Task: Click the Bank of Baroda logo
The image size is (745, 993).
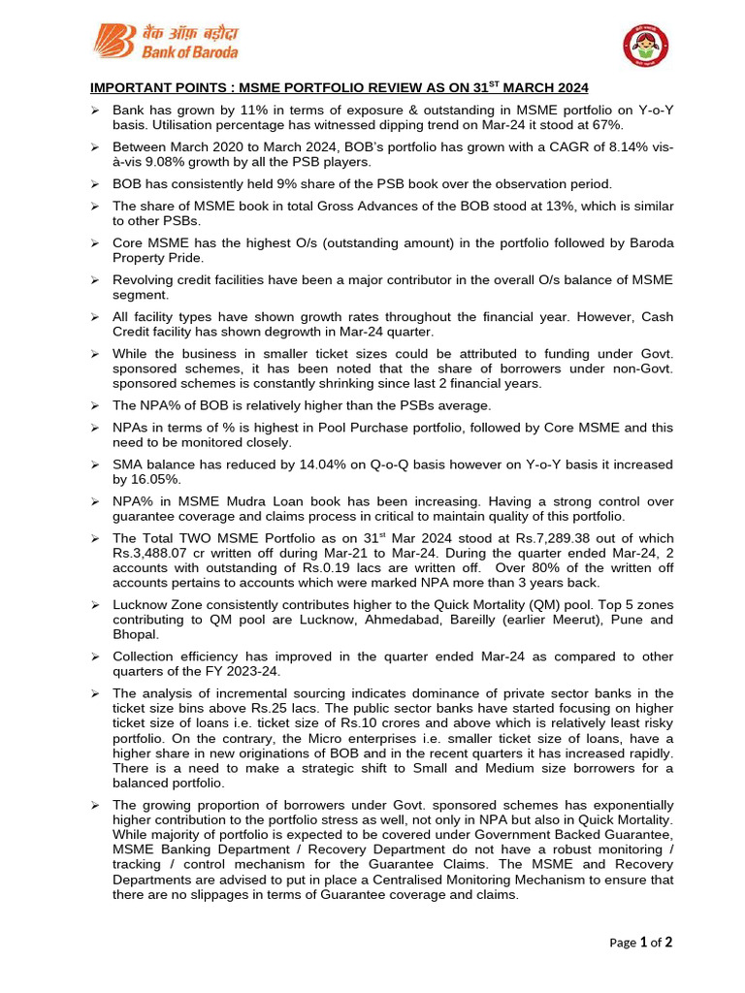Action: (165, 41)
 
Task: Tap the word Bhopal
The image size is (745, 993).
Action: (136, 633)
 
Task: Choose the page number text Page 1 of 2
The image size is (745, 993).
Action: (641, 942)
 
